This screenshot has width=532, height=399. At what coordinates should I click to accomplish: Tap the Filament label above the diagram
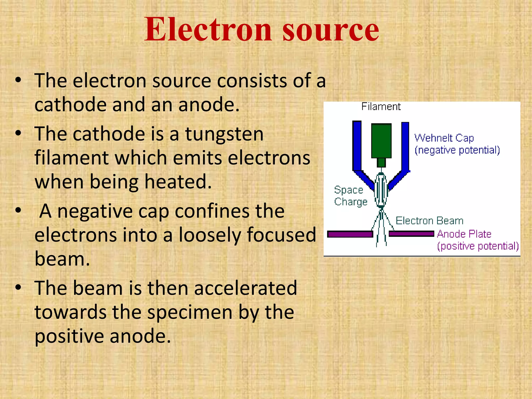pyautogui.click(x=381, y=107)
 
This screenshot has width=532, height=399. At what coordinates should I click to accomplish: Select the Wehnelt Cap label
pyautogui.click(x=444, y=138)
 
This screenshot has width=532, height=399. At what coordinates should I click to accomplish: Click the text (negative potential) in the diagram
pyautogui.click(x=457, y=150)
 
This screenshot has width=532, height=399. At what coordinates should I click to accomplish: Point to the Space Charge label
pyautogui.click(x=350, y=196)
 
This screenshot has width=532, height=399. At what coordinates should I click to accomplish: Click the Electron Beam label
pyautogui.click(x=429, y=221)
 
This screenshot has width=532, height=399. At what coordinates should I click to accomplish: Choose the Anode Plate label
pyautogui.click(x=464, y=234)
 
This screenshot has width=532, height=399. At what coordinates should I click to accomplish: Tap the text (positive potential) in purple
pyautogui.click(x=478, y=246)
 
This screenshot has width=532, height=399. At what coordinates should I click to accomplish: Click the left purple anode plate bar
pyautogui.click(x=350, y=234)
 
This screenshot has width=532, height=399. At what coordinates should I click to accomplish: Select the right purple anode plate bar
pyautogui.click(x=411, y=234)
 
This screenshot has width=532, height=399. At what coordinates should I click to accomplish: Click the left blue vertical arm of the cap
pyautogui.click(x=357, y=145)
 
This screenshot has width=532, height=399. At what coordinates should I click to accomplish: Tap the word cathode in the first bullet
pyautogui.click(x=70, y=105)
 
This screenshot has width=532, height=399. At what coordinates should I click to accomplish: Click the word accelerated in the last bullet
pyautogui.click(x=245, y=288)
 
